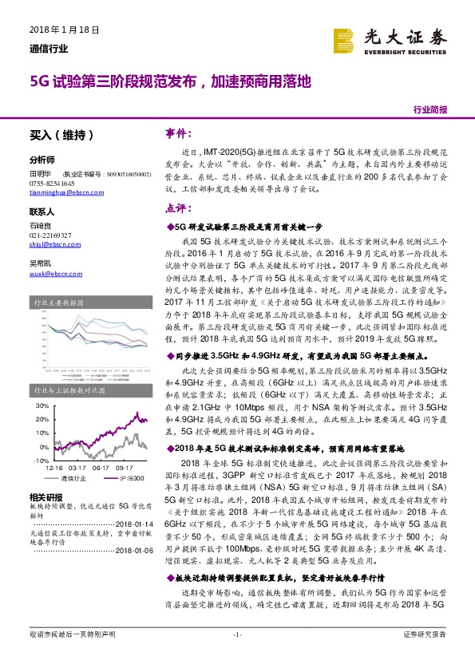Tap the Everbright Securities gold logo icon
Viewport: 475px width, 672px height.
point(344,40)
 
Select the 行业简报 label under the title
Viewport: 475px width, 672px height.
point(430,109)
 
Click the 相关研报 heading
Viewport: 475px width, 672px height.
point(44,496)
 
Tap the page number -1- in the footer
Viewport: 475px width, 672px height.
point(236,656)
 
